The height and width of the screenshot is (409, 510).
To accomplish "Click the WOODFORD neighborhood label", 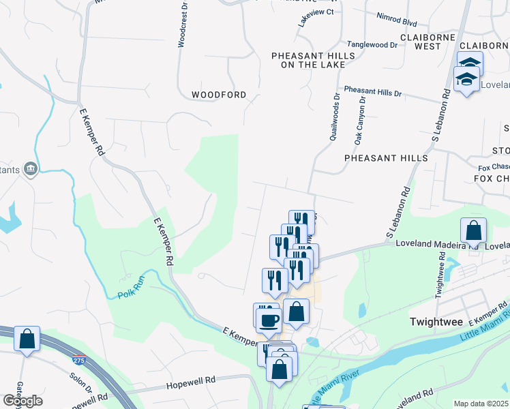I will pos(219,95).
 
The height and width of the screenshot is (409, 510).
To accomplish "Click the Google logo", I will pos(22,401).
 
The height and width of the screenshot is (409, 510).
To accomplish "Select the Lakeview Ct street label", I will pos(315,12).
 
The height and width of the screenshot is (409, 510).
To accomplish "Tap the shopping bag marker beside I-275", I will pos(27,339).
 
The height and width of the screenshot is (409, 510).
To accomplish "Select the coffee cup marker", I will pos(268,319).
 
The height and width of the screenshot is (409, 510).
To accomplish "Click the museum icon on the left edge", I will pos(30,168).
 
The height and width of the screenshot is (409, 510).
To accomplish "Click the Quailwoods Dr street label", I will pos(335,117).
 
